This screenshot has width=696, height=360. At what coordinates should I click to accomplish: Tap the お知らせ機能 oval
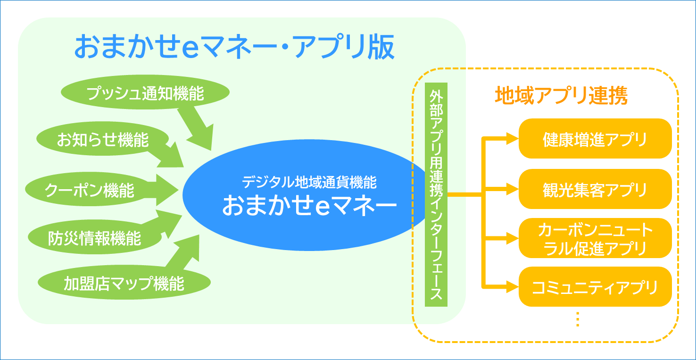pos(103,140)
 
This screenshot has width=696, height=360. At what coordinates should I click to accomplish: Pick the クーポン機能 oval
pos(90,190)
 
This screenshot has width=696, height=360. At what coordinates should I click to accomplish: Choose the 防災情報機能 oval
pos(95,238)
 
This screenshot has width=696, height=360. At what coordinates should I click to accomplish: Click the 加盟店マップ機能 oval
pos(124,284)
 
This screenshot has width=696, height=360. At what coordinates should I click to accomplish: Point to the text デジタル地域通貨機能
pos(309,182)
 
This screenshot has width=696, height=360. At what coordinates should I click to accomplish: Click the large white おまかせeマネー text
pos(309,206)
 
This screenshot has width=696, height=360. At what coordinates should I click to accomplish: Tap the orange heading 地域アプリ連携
pos(561,96)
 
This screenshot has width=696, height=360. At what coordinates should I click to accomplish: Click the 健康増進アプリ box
pos(595,139)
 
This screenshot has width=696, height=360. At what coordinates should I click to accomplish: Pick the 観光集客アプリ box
pos(595,189)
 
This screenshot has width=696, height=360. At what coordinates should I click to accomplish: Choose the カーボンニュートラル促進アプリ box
pos(595,238)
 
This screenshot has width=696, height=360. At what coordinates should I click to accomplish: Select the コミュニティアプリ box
pos(595,287)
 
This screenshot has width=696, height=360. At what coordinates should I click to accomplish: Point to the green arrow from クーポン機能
pos(163,191)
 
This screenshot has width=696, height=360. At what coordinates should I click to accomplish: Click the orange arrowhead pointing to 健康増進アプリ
pos(512,139)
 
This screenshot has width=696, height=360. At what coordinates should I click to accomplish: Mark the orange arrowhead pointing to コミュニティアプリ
pos(512,285)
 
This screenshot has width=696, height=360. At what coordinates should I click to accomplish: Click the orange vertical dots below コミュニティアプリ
pos(578,320)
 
